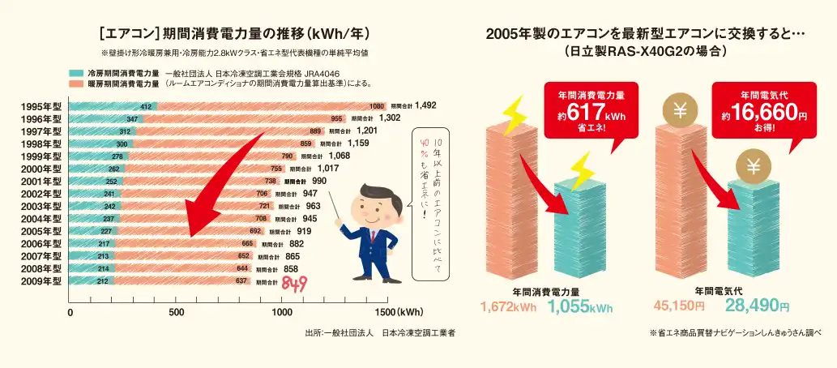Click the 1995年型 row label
pyautogui.click(x=40, y=106)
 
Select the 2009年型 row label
pyautogui.click(x=40, y=281)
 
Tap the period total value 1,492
pyautogui.click(x=425, y=105)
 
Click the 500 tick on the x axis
pyautogui.click(x=176, y=311)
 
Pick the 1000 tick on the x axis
pyautogui.click(x=282, y=311)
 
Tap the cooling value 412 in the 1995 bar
pyautogui.click(x=146, y=106)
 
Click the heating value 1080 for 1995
pyautogui.click(x=376, y=106)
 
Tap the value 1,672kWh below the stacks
pyautogui.click(x=509, y=307)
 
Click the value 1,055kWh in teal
pyautogui.click(x=579, y=307)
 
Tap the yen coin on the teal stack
pyautogui.click(x=753, y=168)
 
